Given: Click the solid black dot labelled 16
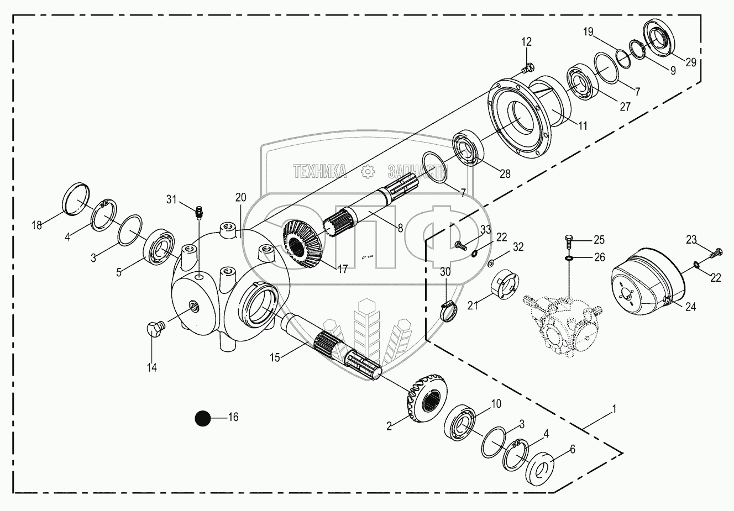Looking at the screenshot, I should coord(203,418).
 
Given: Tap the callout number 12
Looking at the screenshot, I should coord(526,41).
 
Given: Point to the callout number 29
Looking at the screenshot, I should coord(691,62).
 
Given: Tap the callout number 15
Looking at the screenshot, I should coord(275,357).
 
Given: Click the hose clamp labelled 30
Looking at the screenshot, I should coord(448,309).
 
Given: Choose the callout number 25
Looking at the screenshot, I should coord(599,240).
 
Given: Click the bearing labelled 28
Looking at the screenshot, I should coord(469,149).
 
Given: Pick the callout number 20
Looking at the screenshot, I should coord(240,198).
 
